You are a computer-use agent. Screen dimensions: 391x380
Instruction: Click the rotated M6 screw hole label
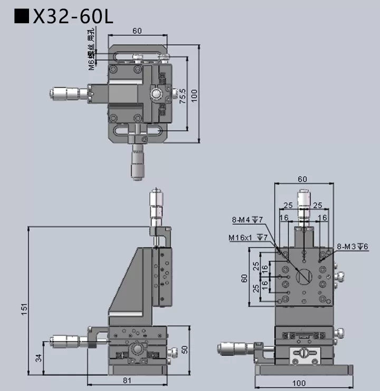92,51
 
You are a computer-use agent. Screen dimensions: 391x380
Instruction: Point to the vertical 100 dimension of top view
194,94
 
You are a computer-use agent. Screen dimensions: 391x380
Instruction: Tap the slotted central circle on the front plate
304,276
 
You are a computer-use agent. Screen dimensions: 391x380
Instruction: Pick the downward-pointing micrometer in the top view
138,162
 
